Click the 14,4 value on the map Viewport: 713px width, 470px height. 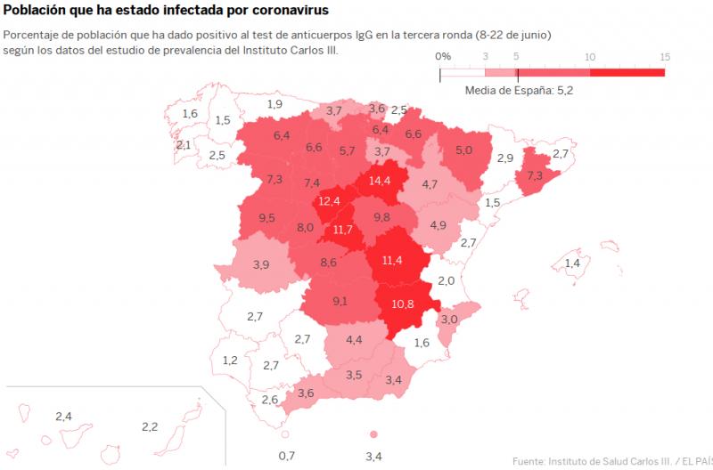[381, 180]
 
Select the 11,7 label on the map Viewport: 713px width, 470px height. [343, 230]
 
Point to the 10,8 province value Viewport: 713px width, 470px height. [403, 304]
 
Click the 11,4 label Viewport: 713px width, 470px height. [392, 260]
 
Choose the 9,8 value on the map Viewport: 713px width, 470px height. [381, 217]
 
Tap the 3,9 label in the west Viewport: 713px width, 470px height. [261, 264]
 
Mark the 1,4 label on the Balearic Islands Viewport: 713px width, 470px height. [572, 263]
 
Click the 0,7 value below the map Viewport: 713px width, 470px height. [286, 457]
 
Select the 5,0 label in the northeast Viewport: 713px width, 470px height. [463, 150]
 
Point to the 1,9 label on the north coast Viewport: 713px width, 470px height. [275, 104]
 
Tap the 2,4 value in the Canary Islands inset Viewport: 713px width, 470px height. [63, 416]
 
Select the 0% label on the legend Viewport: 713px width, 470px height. [443, 56]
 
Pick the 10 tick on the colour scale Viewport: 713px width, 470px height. [590, 56]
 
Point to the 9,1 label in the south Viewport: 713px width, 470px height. [340, 301]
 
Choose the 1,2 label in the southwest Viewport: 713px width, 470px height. [230, 361]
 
